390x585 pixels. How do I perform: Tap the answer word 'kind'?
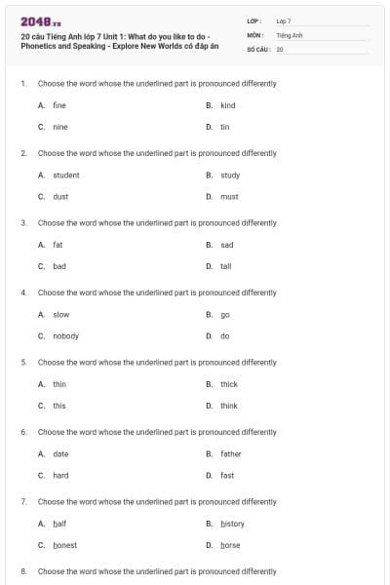(228, 105)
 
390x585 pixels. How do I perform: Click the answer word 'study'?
(230, 175)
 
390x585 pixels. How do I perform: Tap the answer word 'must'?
(229, 196)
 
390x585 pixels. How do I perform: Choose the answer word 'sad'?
(227, 245)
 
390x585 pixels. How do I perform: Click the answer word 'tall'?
(226, 265)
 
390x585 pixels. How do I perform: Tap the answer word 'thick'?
(229, 384)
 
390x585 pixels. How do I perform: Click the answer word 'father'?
(231, 453)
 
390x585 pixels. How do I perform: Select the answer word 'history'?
(232, 524)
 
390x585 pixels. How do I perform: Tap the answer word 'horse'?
(230, 545)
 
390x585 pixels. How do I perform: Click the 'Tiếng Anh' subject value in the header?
(290, 34)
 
